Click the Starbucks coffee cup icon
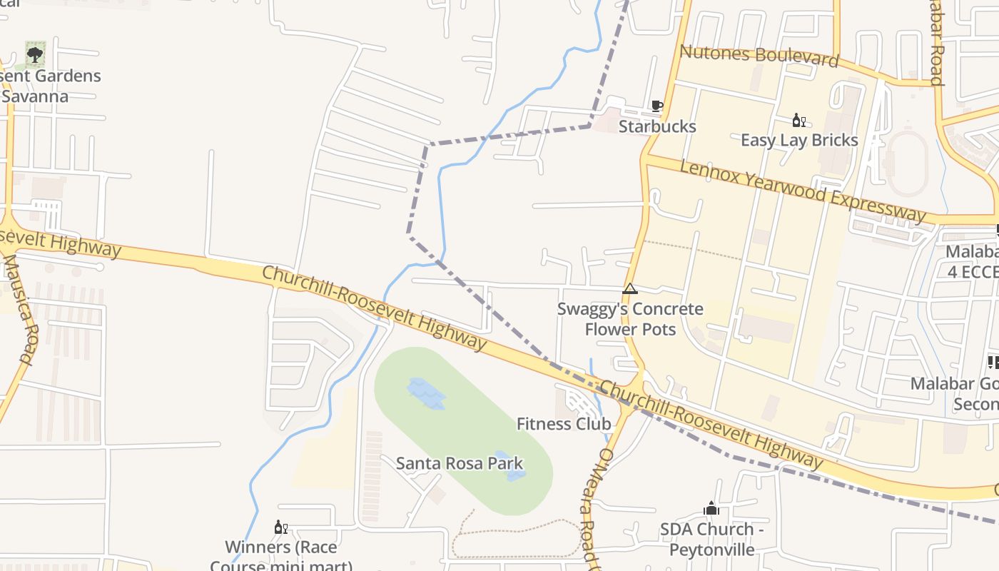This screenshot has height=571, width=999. pos(656,107)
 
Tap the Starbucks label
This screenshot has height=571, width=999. pos(656,126)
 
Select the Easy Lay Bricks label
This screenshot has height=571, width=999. pos(799,140)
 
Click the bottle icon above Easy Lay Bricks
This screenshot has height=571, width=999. pos(798,120)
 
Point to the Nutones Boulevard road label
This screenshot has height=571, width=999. pos(759,56)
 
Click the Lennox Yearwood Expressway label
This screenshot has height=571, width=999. pos(803,191)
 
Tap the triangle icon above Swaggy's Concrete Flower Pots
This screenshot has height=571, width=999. pos(629,289)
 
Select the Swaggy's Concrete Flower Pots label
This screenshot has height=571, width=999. pos(630,319)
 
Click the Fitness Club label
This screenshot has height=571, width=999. pos(564,423)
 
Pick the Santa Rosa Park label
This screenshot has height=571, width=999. pos(460,463)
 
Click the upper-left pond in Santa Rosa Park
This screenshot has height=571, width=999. pos(426,393)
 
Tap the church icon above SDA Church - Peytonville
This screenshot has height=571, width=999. pos(711,509)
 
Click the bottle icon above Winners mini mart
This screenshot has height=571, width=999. pos(280,527)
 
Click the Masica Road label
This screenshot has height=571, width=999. pos(19,310)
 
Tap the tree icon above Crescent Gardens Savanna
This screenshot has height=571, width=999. pos(35,54)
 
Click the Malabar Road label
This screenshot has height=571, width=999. pos(937,43)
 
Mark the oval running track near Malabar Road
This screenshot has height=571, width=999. pos(908,163)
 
